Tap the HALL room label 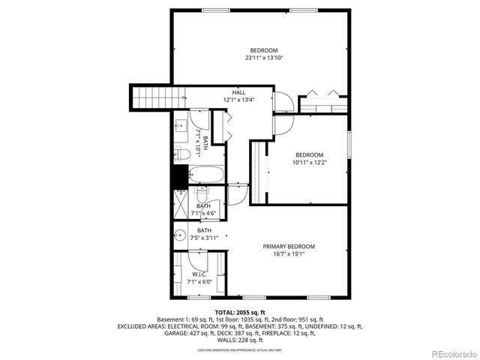(238, 92)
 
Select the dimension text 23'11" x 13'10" (264, 58)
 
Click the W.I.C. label (199, 274)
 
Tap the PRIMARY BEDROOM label (288, 247)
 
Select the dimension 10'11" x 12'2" (310, 161)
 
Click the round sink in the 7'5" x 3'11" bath (180, 235)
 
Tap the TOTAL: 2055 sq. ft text (240, 312)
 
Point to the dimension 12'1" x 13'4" (238, 100)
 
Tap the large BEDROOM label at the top (264, 50)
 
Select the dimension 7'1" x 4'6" (203, 214)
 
